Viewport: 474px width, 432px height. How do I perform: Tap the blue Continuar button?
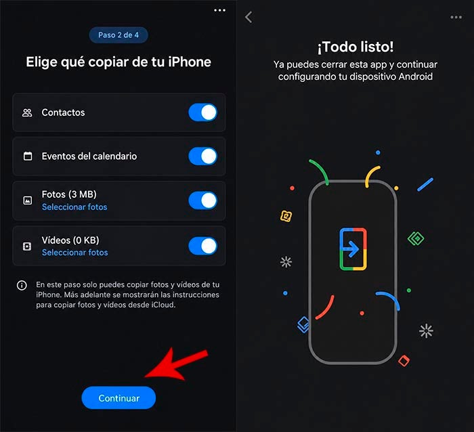(118, 398)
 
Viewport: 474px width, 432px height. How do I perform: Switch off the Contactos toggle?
(203, 112)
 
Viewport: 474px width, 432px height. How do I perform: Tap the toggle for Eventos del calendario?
(203, 156)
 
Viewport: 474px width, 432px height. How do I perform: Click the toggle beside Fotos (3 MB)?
(203, 200)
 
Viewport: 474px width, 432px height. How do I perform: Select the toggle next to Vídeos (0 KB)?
(203, 246)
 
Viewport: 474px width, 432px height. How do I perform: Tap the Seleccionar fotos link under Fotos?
(74, 207)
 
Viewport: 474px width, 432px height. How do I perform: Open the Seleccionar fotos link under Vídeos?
(74, 253)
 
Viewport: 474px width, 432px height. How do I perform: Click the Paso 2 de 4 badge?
(118, 35)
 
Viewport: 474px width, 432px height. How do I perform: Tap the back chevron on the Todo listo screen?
(249, 17)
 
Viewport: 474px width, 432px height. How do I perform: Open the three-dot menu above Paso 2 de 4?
(220, 10)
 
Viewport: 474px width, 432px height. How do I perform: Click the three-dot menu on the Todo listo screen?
(456, 17)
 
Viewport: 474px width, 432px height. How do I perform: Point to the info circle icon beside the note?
(22, 285)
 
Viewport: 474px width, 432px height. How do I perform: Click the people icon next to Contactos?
(27, 113)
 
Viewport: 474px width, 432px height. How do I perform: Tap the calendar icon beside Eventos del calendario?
(28, 156)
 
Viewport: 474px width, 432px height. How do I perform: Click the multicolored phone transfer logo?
(353, 249)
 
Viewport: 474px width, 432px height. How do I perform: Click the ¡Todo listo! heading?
(355, 47)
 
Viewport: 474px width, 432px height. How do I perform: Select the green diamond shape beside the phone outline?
(416, 238)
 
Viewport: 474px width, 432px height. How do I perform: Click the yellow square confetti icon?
(286, 216)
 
